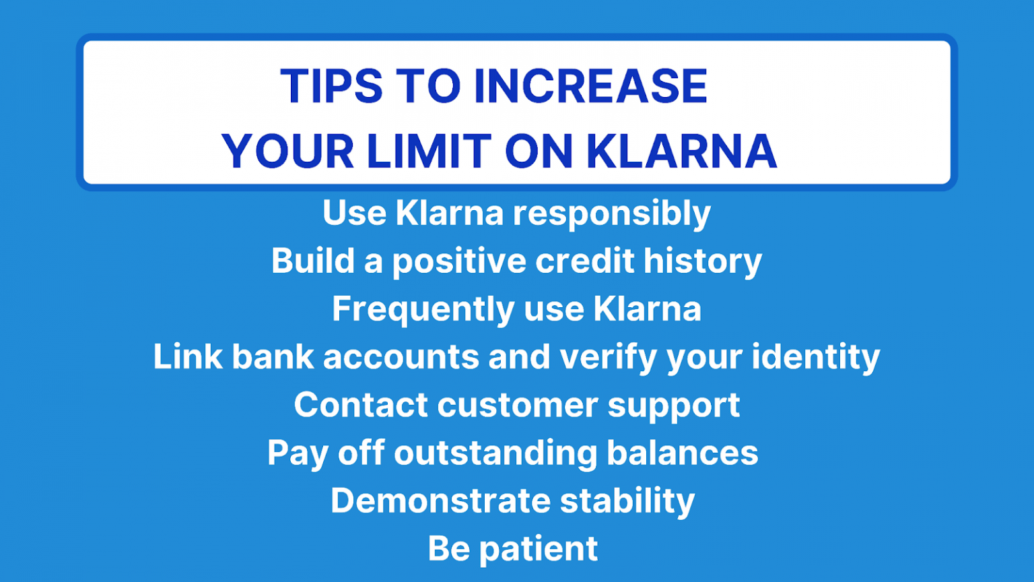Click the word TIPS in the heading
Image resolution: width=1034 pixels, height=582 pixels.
pyautogui.click(x=331, y=86)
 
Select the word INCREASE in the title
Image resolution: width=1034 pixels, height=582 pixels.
pyautogui.click(x=591, y=86)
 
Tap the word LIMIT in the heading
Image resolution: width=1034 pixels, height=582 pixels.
pyautogui.click(x=429, y=151)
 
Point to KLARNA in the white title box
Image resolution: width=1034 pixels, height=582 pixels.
pyautogui.click(x=682, y=151)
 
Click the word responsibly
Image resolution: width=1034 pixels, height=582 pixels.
pyautogui.click(x=612, y=214)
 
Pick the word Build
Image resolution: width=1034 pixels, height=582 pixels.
pyautogui.click(x=312, y=261)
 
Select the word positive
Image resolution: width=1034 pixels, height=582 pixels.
pyautogui.click(x=459, y=262)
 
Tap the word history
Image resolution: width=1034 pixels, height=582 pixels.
pyautogui.click(x=703, y=262)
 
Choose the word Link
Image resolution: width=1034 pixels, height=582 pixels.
pyautogui.click(x=188, y=356)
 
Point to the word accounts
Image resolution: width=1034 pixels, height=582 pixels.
pyautogui.click(x=401, y=358)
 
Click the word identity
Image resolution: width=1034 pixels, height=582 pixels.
pyautogui.click(x=816, y=358)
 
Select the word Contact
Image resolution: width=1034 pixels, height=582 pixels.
pyautogui.click(x=361, y=405)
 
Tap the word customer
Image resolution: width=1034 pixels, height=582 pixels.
pyautogui.click(x=517, y=406)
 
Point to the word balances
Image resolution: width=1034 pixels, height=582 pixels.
pyautogui.click(x=682, y=453)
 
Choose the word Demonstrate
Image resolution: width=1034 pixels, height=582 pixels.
pyautogui.click(x=440, y=500)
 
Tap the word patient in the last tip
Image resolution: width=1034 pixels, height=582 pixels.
pyautogui.click(x=539, y=550)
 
